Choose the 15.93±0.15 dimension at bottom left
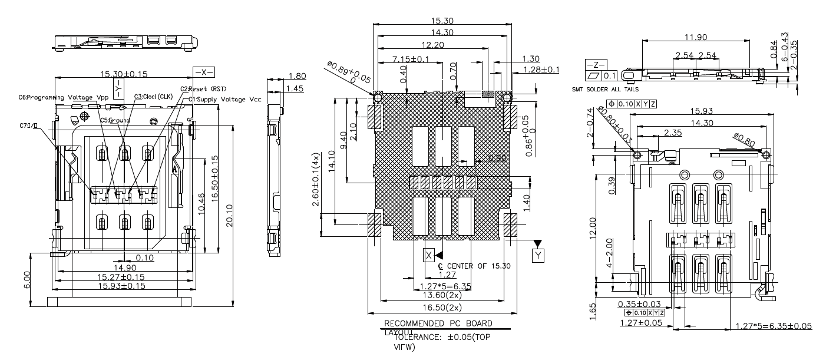tap(121, 286)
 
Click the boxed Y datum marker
tap(538, 255)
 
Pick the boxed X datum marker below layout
tap(429, 255)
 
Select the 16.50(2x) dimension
tap(445, 307)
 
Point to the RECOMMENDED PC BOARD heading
tap(438, 323)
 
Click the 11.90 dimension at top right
tap(696, 37)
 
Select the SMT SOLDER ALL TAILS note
tap(607, 91)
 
